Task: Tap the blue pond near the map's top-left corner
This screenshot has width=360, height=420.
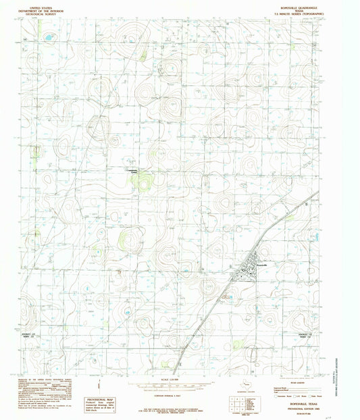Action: (49, 38)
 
